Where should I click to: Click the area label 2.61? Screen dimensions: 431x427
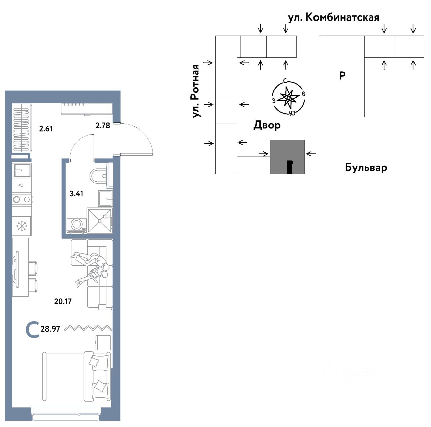(x=46, y=129)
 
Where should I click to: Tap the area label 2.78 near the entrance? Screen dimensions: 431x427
(x=103, y=126)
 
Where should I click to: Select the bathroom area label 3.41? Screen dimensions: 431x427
(x=76, y=194)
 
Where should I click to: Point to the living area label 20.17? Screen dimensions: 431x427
(x=63, y=301)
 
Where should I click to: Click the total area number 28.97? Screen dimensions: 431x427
(x=50, y=329)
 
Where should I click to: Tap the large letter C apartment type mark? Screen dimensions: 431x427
(x=32, y=329)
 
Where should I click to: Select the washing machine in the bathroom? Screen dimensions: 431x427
(x=76, y=224)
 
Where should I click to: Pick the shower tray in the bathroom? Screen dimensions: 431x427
(x=99, y=220)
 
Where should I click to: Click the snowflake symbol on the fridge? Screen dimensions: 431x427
(x=22, y=226)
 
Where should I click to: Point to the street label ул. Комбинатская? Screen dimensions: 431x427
(x=333, y=17)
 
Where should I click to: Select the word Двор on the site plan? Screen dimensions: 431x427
(x=267, y=125)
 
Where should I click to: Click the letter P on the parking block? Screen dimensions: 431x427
(x=342, y=76)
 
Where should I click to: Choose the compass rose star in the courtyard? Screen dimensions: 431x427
(x=288, y=98)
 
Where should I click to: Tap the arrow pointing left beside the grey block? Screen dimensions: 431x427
(x=311, y=154)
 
